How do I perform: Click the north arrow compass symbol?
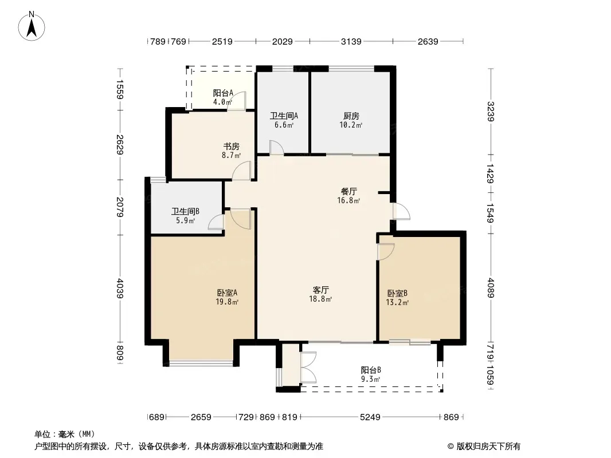32,26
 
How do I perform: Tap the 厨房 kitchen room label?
351,116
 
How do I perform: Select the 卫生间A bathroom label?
284,116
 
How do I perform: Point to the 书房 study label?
231,147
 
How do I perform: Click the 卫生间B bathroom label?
185,211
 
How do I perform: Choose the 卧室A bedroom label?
227,293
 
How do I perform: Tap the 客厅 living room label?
321,290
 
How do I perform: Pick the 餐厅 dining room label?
348,191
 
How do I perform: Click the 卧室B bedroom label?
397,293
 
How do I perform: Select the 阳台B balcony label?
371,370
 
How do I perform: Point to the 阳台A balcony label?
223,93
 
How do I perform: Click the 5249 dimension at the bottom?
370,417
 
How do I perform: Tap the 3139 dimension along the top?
351,41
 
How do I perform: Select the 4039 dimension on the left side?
120,289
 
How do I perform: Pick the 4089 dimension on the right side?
491,288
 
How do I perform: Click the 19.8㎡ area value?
227,302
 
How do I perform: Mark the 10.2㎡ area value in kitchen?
351,125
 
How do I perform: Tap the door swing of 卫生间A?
276,148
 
